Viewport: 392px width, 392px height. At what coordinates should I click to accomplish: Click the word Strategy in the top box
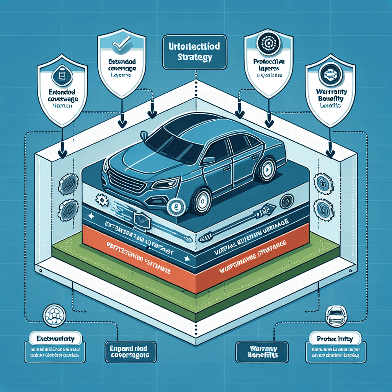(x=195, y=58)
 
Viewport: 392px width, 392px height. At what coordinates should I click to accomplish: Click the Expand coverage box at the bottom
(x=131, y=351)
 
